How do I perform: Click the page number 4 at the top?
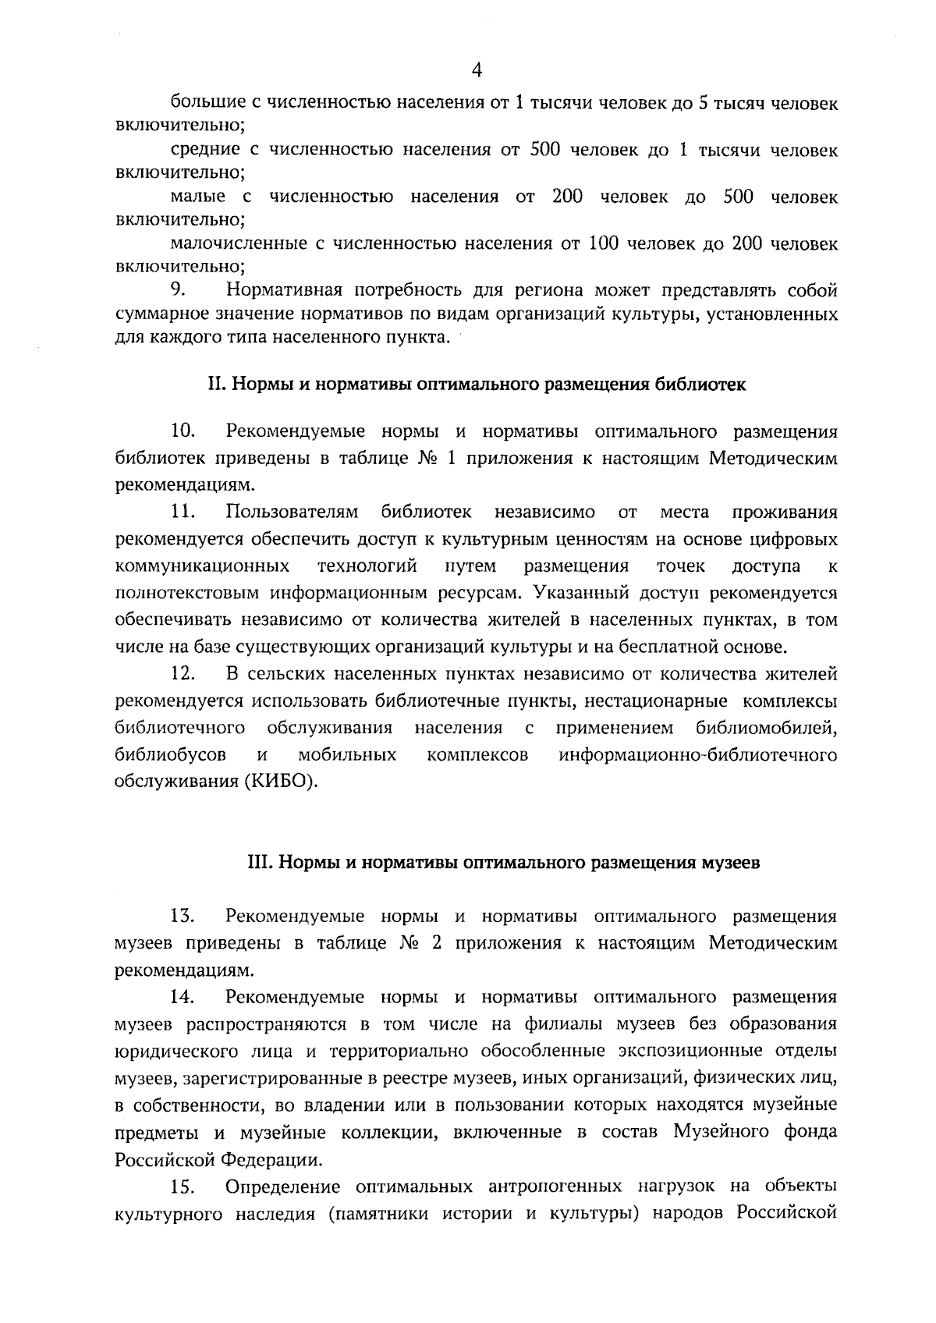tap(477, 70)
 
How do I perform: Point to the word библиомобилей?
tap(766, 728)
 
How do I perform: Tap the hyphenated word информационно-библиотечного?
tap(698, 755)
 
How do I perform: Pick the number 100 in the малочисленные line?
tap(603, 244)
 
